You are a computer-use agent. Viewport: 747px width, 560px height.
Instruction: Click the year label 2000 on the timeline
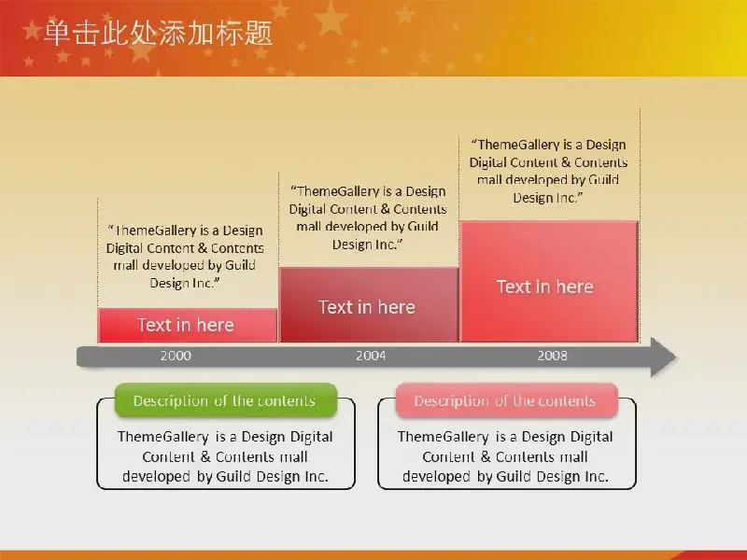point(176,356)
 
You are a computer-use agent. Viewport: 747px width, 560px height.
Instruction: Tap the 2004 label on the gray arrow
point(371,356)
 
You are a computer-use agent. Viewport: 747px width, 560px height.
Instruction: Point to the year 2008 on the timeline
point(552,356)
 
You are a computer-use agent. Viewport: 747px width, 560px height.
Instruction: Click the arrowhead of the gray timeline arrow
point(663,357)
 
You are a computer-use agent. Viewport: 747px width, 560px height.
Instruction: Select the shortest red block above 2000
point(188,325)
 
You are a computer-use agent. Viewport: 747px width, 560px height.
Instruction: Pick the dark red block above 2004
point(369,305)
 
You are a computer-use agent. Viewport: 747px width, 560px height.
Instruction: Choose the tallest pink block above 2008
point(549,282)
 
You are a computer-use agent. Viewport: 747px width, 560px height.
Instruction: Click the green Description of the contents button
point(226,400)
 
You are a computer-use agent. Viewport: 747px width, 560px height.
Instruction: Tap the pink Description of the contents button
point(506,400)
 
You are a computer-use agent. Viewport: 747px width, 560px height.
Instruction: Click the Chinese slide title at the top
point(158,34)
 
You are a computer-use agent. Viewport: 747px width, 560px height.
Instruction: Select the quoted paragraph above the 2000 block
point(185,257)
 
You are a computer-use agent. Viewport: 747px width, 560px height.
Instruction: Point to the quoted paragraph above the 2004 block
point(368,217)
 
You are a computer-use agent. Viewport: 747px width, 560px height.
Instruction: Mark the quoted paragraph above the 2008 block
point(548,171)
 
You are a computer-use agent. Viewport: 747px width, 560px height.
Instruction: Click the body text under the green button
point(225,456)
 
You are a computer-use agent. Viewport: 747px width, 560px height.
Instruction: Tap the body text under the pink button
point(505,456)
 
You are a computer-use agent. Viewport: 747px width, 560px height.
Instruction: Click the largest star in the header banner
point(331,18)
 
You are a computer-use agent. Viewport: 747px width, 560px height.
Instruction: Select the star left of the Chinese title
point(32,30)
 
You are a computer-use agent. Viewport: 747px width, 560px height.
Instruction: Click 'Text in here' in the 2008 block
point(545,287)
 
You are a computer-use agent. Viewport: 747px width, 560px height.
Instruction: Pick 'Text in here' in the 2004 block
point(367,307)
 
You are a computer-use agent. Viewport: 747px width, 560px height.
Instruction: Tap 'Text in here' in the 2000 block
point(186,325)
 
